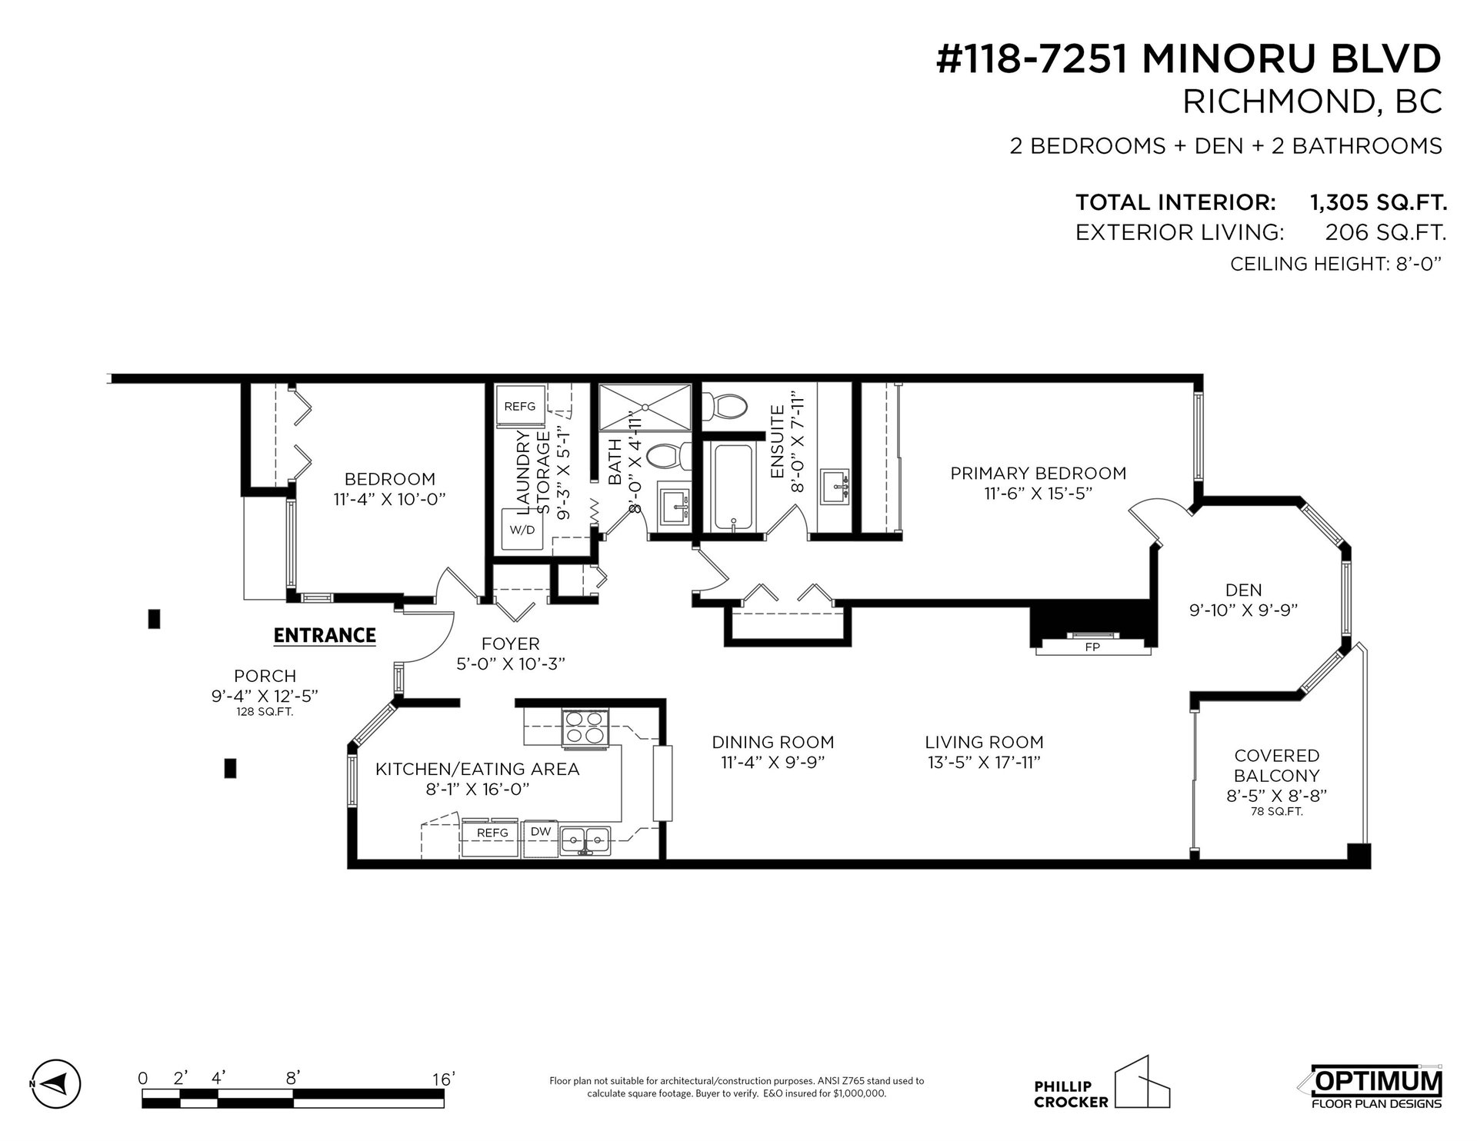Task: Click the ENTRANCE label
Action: [325, 635]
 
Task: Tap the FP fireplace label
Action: [1092, 647]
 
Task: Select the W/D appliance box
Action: [523, 530]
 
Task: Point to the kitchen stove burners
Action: [585, 727]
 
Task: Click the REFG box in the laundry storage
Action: [521, 406]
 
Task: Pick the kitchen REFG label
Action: [492, 833]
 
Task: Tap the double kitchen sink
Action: [585, 839]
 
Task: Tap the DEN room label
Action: [1244, 590]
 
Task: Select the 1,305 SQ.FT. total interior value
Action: [1378, 203]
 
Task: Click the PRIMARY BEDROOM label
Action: [1038, 474]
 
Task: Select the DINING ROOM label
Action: [773, 742]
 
